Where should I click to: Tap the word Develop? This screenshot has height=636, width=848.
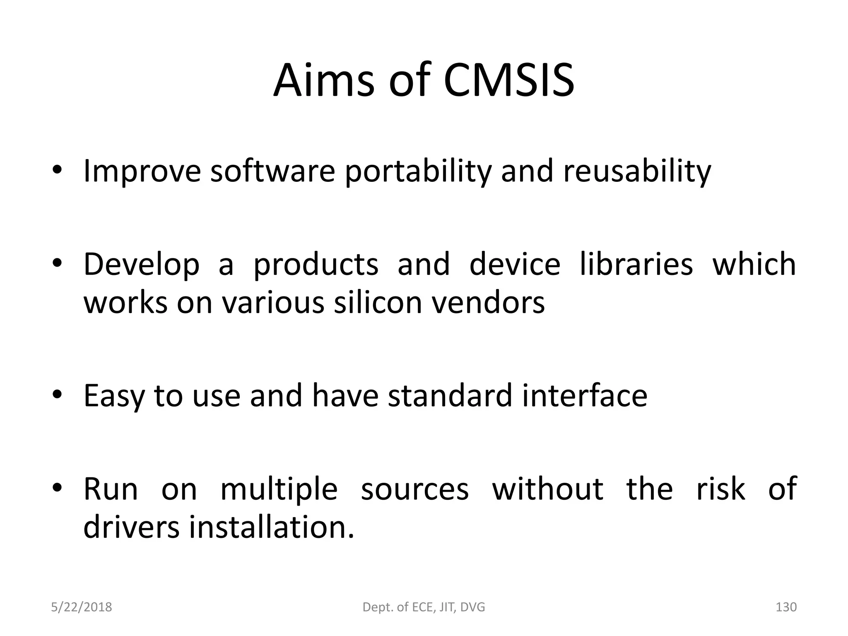tap(141, 265)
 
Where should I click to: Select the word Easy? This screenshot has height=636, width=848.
tap(114, 396)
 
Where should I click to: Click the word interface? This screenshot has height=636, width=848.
tap(585, 395)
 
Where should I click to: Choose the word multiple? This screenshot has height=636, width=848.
tap(279, 490)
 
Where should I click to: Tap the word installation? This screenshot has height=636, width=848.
tap(272, 527)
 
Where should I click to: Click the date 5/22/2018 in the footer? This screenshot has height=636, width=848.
tap(81, 607)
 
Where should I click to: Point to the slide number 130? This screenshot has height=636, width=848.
tap(785, 607)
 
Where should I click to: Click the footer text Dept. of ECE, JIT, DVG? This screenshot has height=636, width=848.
tap(424, 607)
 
